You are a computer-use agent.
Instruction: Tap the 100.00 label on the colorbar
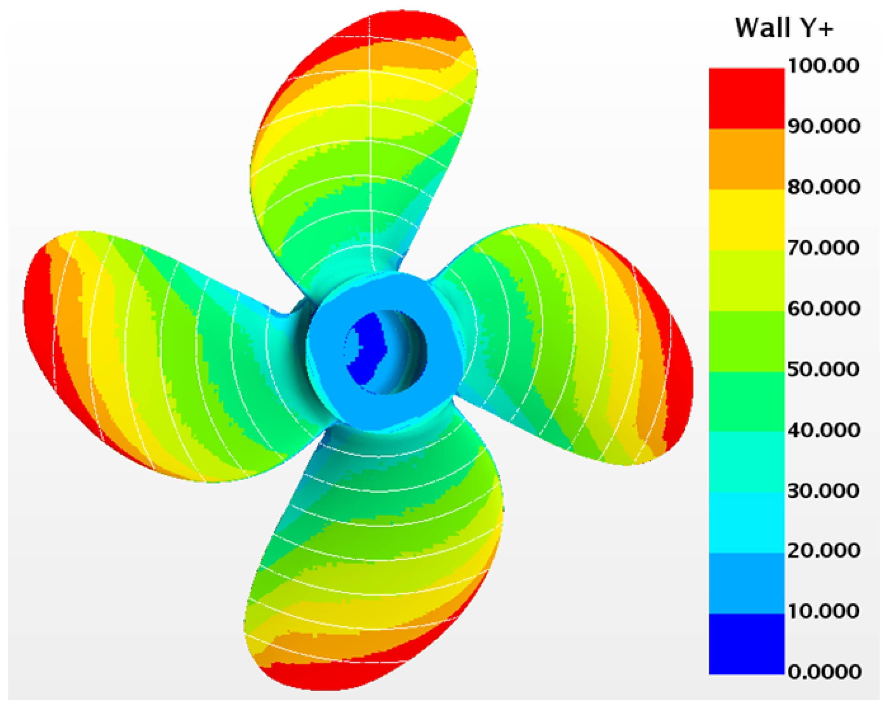[823, 66]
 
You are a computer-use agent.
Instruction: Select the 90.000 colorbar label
[824, 126]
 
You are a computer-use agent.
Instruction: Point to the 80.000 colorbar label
[824, 187]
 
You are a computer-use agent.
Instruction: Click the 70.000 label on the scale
[824, 248]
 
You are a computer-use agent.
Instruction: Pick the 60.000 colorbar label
[824, 308]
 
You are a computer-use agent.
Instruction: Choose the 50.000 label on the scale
[824, 369]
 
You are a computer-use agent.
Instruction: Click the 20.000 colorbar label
[824, 551]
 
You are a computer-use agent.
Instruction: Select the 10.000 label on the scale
[824, 611]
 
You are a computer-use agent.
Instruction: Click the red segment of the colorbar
[747, 99]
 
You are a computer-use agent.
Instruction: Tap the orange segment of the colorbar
[747, 159]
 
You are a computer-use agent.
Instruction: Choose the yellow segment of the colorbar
[747, 220]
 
